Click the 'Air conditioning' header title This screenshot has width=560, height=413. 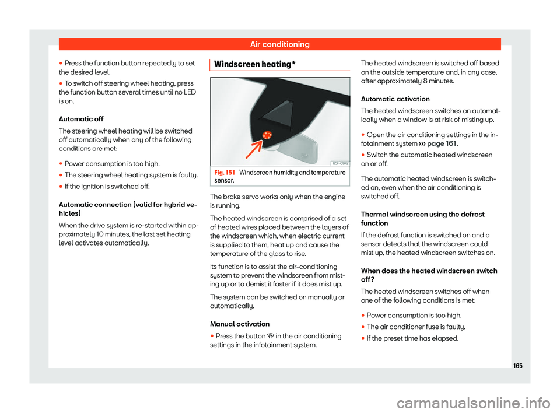click(279, 44)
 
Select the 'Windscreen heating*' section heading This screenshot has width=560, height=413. click(255, 64)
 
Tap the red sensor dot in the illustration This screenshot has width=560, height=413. click(267, 135)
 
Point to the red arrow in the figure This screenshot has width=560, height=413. click(254, 149)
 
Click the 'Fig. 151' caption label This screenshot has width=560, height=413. click(225, 173)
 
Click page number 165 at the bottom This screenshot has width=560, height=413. click(517, 366)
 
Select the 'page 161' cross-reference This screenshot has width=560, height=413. click(442, 143)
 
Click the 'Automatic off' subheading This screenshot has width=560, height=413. click(81, 119)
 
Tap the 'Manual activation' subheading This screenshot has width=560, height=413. click(240, 324)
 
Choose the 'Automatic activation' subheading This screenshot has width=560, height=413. click(395, 99)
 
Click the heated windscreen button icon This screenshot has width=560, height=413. click(270, 336)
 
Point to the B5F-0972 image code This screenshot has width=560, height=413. click(340, 163)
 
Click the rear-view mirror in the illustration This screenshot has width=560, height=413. click(296, 146)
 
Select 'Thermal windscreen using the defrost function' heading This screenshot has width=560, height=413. click(422, 219)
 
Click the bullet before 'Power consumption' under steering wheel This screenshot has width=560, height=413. click(61, 164)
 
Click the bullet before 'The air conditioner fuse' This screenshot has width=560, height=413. click(363, 327)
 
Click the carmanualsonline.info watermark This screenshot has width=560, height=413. click(473, 403)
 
